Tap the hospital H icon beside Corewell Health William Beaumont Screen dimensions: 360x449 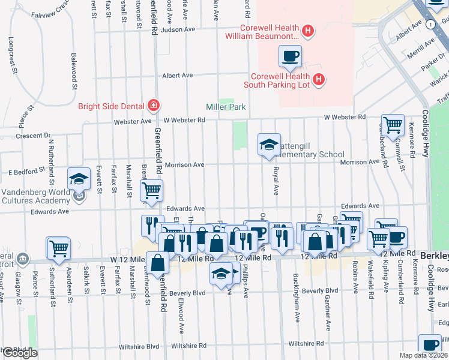point(308,31)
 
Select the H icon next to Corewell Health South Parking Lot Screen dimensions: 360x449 point(319,79)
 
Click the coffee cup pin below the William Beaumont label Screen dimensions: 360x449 point(290,56)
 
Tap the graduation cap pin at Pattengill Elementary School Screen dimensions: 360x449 point(269,144)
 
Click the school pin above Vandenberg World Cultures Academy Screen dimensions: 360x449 point(79,179)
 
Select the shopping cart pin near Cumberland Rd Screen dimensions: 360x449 point(393,125)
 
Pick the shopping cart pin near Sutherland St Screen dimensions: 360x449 point(59,248)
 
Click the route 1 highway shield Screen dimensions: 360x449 point(430,24)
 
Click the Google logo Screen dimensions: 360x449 point(19,353)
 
